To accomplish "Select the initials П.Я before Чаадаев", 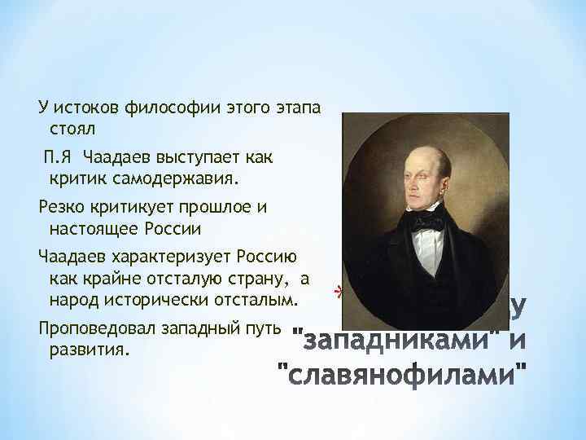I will pos(58,155).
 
